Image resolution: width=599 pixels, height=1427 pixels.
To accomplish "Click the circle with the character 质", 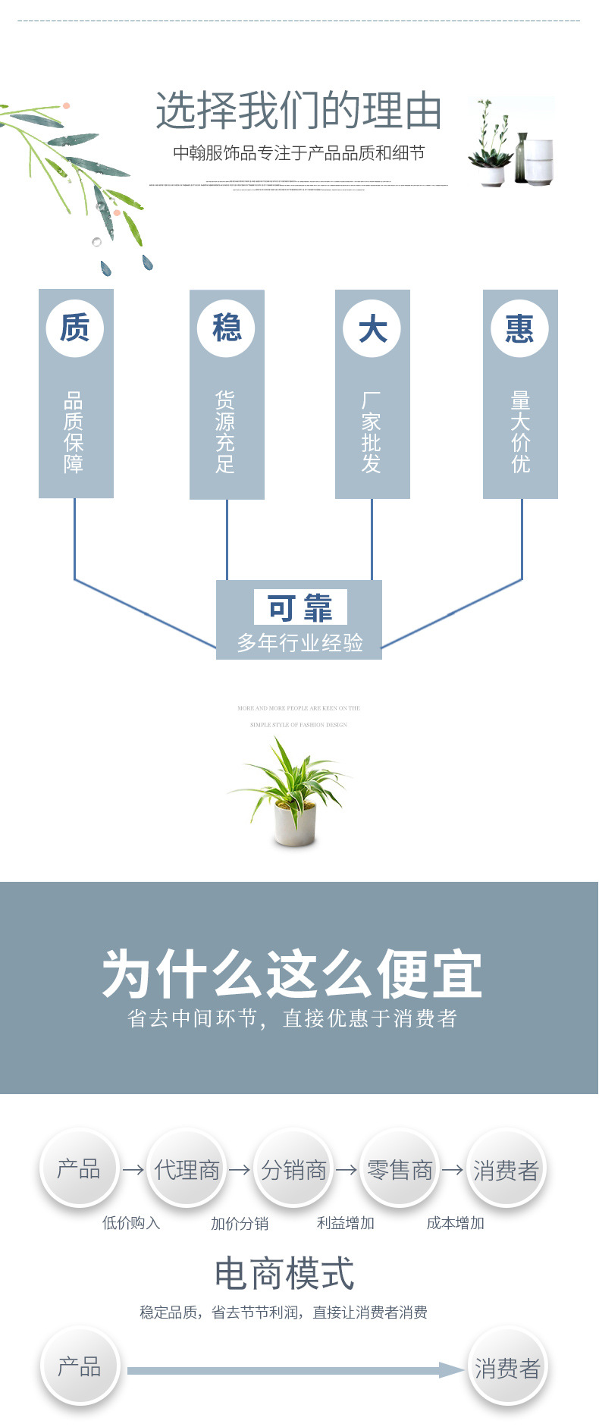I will pyautogui.click(x=74, y=328).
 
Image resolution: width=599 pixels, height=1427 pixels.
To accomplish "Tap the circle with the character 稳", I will pyautogui.click(x=226, y=328).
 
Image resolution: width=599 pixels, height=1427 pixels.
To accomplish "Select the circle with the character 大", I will pyautogui.click(x=372, y=328).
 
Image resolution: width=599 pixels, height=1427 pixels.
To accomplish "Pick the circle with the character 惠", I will pyautogui.click(x=519, y=328).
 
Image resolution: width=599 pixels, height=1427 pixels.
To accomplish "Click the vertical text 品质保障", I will pyautogui.click(x=74, y=431).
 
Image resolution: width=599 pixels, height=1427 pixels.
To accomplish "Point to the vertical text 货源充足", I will pyautogui.click(x=226, y=431).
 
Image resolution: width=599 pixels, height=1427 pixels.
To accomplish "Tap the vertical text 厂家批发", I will pyautogui.click(x=372, y=431).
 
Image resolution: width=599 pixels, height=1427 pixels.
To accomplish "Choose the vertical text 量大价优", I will pyautogui.click(x=520, y=431).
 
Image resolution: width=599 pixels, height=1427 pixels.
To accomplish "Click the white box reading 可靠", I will pyautogui.click(x=300, y=607).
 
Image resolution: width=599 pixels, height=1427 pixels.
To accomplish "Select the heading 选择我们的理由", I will pyautogui.click(x=299, y=111).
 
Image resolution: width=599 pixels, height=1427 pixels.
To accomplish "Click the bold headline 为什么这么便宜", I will pyautogui.click(x=293, y=974).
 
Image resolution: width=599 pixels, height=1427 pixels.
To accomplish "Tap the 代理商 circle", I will pyautogui.click(x=187, y=1168).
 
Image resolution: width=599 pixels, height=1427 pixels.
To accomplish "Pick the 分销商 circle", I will pyautogui.click(x=293, y=1169).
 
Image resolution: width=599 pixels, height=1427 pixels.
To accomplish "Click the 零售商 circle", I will pyautogui.click(x=400, y=1169).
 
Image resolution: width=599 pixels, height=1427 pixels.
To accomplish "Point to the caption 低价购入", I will pyautogui.click(x=131, y=1222).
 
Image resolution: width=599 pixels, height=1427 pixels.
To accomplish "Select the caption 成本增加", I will pyautogui.click(x=455, y=1222).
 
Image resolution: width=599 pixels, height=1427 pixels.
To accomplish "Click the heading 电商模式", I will pyautogui.click(x=284, y=1273).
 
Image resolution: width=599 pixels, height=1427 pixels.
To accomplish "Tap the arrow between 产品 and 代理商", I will pyautogui.click(x=133, y=1169).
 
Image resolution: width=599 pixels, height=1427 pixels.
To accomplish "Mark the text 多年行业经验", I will pyautogui.click(x=300, y=643).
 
